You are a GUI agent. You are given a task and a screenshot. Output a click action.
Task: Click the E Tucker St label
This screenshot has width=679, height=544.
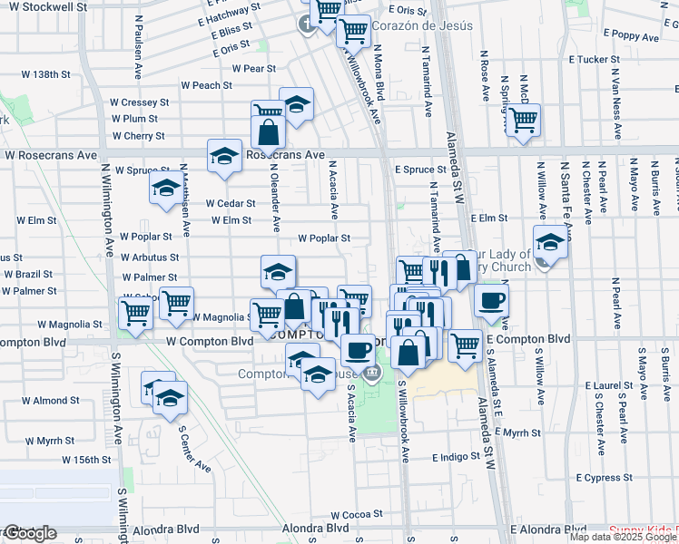pyautogui.click(x=594, y=59)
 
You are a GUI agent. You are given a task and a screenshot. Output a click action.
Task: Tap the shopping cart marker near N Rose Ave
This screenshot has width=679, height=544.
pyautogui.click(x=522, y=120)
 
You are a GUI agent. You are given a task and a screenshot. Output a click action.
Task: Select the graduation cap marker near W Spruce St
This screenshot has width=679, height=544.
pyautogui.click(x=165, y=188)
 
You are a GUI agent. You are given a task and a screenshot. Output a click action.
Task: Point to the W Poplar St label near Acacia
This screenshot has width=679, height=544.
pyautogui.click(x=324, y=238)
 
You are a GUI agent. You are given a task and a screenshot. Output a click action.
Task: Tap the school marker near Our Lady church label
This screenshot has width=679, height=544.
pyautogui.click(x=550, y=242)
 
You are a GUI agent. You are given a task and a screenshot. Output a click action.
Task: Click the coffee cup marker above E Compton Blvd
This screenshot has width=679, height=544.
pyautogui.click(x=491, y=300)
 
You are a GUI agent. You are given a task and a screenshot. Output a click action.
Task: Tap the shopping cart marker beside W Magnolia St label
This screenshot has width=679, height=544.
pyautogui.click(x=176, y=303)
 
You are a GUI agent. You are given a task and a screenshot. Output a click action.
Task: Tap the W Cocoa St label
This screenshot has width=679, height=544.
pyautogui.click(x=354, y=515)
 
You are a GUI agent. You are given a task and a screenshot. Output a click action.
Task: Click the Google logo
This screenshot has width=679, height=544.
pyautogui.click(x=29, y=533)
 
